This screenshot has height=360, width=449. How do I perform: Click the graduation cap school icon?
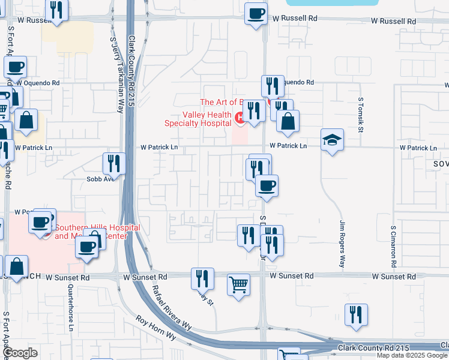pyautogui.click(x=332, y=140)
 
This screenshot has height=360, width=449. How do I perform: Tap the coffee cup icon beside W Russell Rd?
pyautogui.click(x=256, y=13)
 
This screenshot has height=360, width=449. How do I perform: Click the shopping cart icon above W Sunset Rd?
pyautogui.click(x=238, y=284)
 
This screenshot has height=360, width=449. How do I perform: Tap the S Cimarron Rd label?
pyautogui.click(x=393, y=246)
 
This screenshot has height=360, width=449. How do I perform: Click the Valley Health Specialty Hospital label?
pyautogui.click(x=199, y=119)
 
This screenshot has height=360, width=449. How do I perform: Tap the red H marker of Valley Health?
pyautogui.click(x=240, y=118)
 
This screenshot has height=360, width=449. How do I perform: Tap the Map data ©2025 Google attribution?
pyautogui.click(x=412, y=355)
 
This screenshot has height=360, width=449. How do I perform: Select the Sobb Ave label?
pyautogui.click(x=101, y=179)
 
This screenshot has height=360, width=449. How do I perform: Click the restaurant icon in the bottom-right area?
pyautogui.click(x=356, y=314)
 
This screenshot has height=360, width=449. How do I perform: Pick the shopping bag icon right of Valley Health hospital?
pyautogui.click(x=288, y=121)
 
